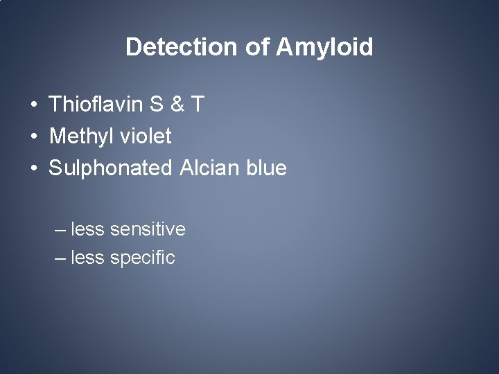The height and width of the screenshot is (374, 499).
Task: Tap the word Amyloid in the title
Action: (x=325, y=47)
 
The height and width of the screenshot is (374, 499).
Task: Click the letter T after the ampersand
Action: (x=198, y=105)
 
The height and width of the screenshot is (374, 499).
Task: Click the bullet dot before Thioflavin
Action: (x=33, y=106)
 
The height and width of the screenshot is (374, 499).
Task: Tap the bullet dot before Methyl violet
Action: (x=33, y=137)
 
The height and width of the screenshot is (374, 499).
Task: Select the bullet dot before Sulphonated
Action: (x=33, y=168)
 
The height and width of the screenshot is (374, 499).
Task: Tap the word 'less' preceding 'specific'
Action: (x=87, y=258)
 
